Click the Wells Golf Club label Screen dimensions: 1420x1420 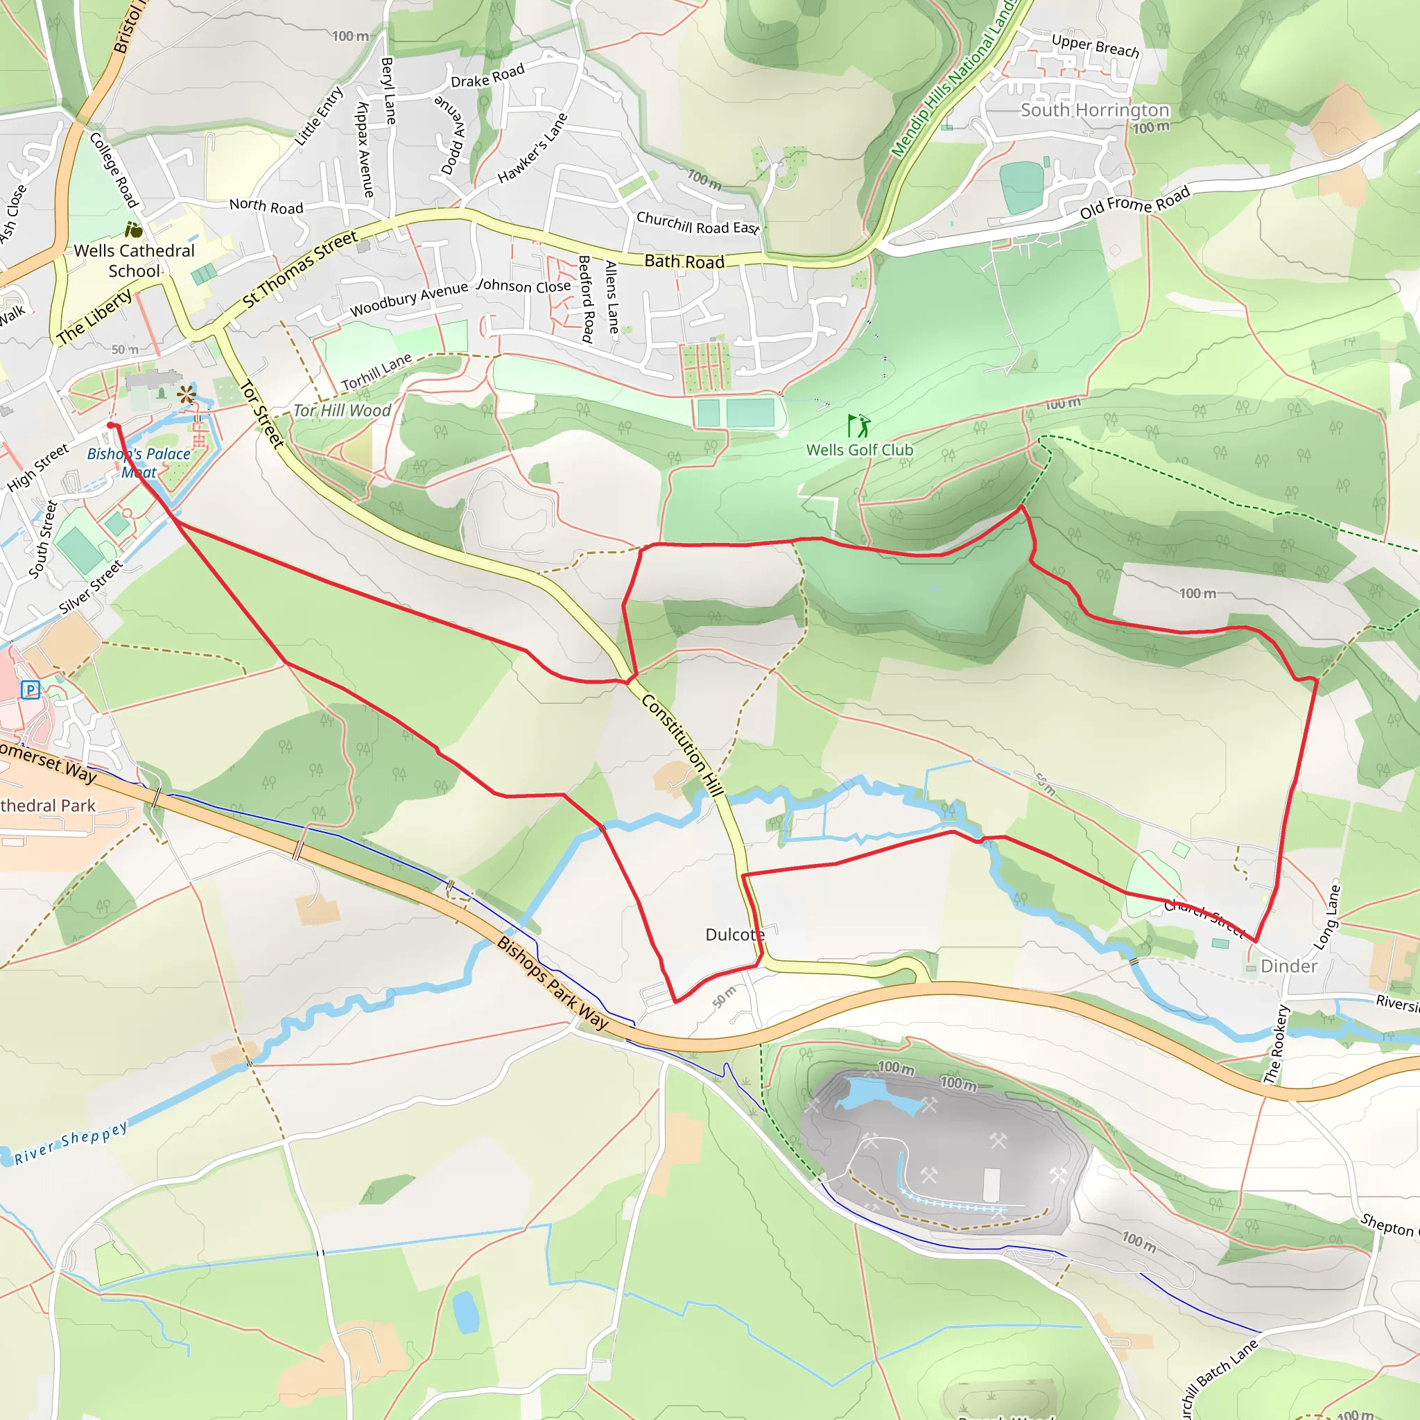click(859, 450)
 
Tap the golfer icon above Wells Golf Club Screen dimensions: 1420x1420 click(858, 425)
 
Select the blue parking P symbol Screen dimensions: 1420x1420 click(30, 689)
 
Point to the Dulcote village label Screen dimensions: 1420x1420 click(735, 934)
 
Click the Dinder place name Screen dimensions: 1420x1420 click(1288, 966)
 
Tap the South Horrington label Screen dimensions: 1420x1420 click(1094, 110)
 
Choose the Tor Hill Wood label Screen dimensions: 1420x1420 click(343, 410)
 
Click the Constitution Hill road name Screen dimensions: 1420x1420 click(683, 745)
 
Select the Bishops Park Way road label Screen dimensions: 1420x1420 click(553, 982)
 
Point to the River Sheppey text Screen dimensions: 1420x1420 click(71, 1143)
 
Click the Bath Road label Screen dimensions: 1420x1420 click(684, 261)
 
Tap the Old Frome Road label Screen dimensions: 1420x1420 click(1134, 203)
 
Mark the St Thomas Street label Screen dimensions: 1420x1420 click(300, 268)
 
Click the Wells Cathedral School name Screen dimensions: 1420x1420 click(135, 260)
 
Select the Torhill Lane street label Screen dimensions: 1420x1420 click(376, 372)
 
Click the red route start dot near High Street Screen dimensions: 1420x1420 click(111, 425)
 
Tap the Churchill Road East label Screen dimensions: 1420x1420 click(697, 223)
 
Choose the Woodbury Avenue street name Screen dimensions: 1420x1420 click(408, 299)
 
